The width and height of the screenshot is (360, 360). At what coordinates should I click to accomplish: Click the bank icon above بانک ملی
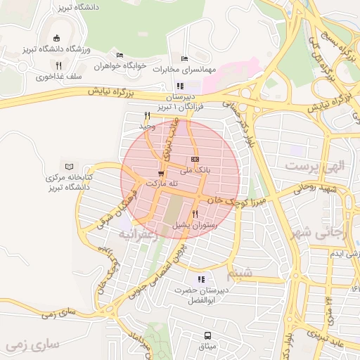coord(195,160)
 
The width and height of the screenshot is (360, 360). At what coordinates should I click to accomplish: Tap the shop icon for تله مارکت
coord(162,173)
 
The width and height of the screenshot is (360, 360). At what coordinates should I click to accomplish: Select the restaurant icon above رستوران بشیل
coord(195,214)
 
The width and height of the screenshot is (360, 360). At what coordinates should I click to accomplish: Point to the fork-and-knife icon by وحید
coord(147,116)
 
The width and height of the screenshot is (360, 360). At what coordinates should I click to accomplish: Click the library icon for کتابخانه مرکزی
coord(68,167)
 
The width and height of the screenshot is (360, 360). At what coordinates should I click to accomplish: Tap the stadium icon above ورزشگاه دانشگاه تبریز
coord(56,39)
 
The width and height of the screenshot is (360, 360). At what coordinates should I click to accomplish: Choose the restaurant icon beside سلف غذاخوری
coord(59,65)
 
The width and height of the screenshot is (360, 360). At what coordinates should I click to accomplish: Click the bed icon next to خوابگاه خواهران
coord(120,55)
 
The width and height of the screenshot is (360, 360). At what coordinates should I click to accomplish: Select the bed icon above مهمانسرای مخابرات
coord(184,58)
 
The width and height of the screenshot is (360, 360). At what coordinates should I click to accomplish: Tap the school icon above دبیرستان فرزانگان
coord(181,86)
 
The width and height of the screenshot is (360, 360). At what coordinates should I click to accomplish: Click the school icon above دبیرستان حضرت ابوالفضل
coord(202,279)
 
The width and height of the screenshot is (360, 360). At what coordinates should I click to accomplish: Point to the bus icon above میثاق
coord(207,335)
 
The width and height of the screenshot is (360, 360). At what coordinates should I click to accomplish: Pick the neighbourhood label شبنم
coord(242,273)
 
